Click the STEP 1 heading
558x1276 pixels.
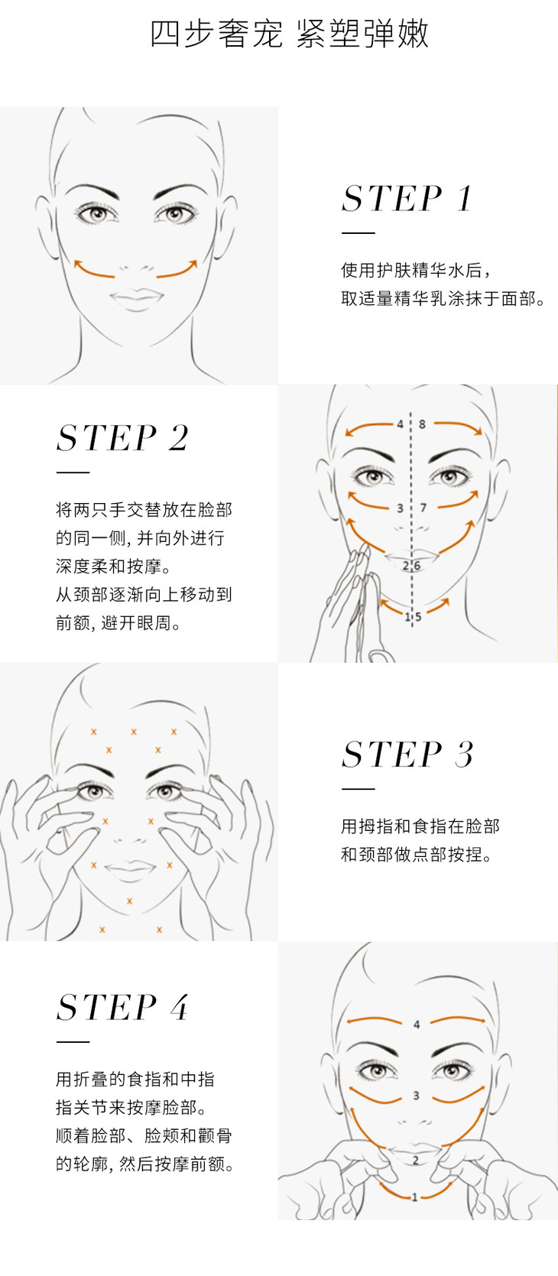pos(407,198)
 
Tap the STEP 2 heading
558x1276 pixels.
pos(122,437)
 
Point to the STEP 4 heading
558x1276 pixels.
pos(122,1007)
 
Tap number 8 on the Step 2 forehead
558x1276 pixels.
pos(422,424)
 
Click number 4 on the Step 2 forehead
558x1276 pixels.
pos(401,424)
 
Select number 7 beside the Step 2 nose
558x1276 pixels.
pos(423,508)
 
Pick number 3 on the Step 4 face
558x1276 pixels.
pos(416,1096)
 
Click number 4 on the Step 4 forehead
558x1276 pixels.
pos(417,1024)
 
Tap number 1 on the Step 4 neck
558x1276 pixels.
pos(414,1196)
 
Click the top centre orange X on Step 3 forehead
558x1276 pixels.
pos(134,732)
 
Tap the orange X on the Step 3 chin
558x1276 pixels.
pos(130,901)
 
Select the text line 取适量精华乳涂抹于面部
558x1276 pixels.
pos(443,298)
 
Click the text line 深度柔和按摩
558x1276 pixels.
pos(113,567)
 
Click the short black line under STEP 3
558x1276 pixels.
pos(358,789)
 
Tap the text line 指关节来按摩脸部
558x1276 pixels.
pos(131,1107)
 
